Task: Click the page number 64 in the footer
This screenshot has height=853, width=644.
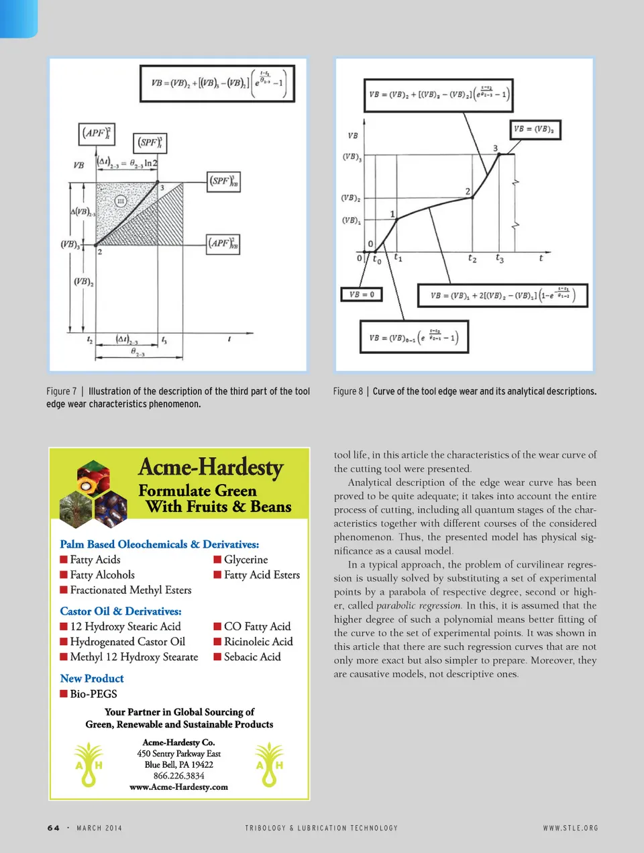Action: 54,827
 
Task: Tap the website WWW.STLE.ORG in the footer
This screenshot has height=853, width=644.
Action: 570,827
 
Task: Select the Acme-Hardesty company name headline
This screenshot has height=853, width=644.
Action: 211,467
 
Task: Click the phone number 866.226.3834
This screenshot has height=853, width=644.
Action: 178,775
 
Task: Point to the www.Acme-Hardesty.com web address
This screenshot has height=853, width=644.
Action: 178,787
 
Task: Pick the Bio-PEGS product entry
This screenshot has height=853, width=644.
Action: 93,694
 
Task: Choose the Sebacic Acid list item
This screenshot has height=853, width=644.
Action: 252,656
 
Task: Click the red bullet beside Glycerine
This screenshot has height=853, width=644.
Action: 217,559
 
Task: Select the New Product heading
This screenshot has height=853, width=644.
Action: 92,679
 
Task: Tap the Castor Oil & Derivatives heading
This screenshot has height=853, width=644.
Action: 121,611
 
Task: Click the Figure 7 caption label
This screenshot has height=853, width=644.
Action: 62,391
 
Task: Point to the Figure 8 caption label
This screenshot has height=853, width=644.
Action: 348,391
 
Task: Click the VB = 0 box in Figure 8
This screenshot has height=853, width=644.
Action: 362,294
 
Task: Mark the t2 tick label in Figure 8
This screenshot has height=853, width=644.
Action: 472,258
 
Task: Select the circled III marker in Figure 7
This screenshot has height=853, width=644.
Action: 121,201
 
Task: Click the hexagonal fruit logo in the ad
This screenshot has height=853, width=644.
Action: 93,493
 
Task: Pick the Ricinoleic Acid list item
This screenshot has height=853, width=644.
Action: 258,642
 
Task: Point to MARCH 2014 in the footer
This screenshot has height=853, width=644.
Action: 99,827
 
